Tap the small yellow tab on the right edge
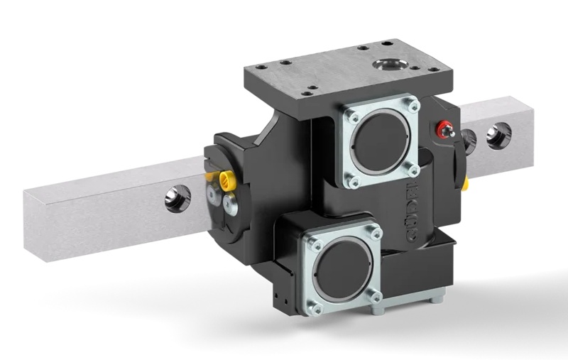point(466,185)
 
